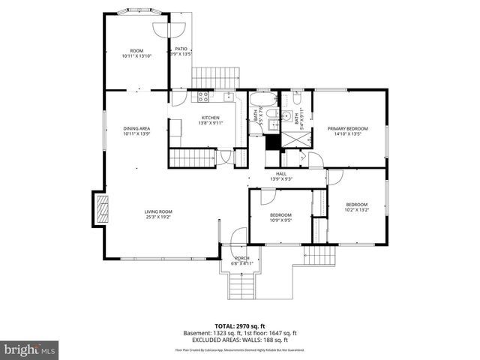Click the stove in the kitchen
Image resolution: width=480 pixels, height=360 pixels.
pos(202,96)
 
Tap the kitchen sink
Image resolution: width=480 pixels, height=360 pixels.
pos(226,96)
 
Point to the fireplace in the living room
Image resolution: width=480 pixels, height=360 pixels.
pos(100,208)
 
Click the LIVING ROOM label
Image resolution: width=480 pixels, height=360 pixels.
pos(158,211)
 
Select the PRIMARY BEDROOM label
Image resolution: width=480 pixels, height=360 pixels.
pos(347,128)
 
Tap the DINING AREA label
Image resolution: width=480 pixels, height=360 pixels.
pos(136,128)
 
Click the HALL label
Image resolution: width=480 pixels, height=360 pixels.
pos(280,173)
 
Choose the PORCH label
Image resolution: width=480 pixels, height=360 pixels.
pos(241,258)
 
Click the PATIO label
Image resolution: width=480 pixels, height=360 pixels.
pos(181,49)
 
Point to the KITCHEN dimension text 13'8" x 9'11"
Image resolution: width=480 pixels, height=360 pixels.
pos(210,123)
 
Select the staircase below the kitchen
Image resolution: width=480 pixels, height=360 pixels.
pos(190,157)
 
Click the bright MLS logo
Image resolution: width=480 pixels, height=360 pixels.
pos(30,350)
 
